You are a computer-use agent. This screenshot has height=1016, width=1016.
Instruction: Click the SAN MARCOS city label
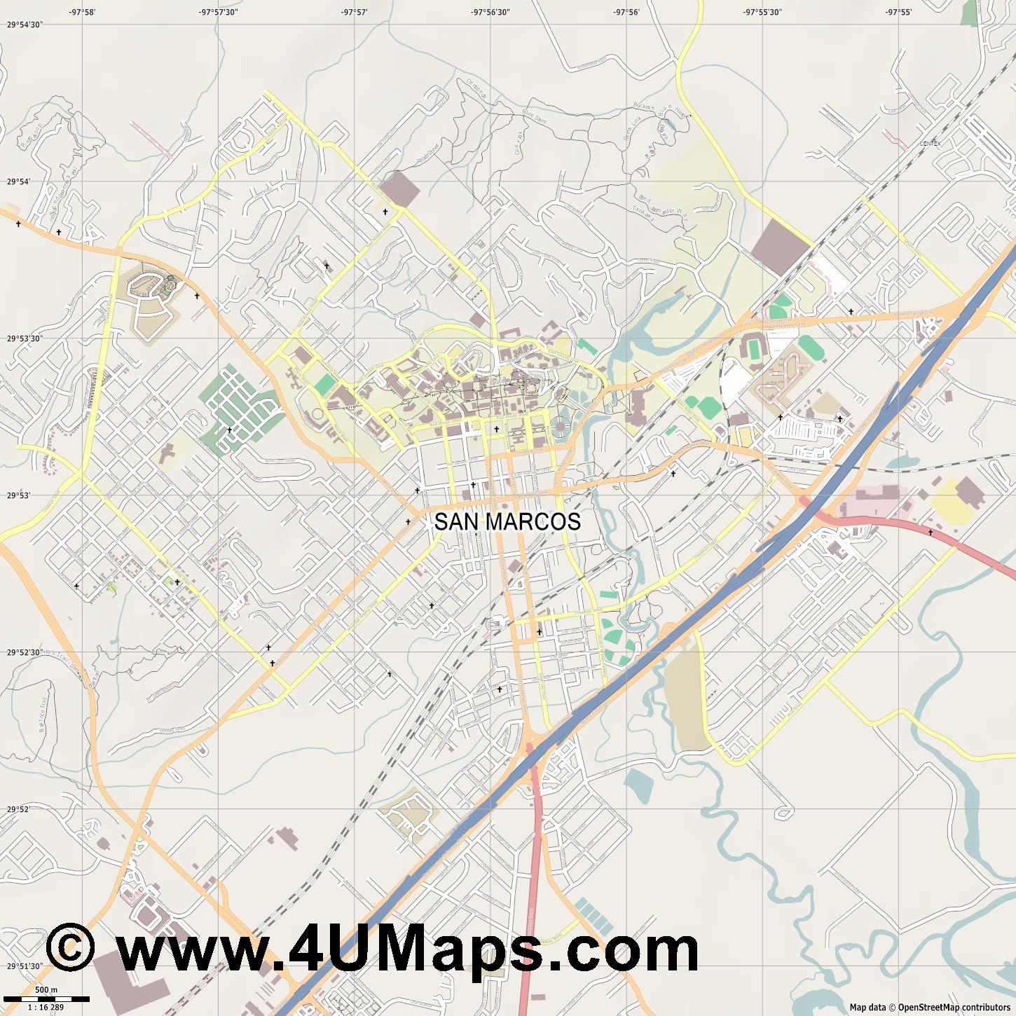[507, 522]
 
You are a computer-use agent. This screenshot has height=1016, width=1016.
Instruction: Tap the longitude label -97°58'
[82, 12]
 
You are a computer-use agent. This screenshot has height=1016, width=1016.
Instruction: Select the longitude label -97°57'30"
[218, 12]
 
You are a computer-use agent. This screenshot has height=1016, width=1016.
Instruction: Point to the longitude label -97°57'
[355, 12]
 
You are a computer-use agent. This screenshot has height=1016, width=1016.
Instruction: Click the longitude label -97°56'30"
[490, 12]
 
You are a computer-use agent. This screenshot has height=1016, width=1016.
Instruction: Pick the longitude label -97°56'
[626, 12]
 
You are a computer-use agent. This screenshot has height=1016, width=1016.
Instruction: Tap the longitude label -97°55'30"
[762, 12]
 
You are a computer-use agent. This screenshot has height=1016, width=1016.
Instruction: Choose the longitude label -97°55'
[898, 12]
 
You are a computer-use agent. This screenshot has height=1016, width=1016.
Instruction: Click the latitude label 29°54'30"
[25, 25]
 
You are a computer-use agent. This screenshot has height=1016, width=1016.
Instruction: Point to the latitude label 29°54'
[19, 181]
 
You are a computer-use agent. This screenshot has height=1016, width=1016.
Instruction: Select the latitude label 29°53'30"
[25, 338]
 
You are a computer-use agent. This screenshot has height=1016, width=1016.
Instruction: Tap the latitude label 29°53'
[19, 495]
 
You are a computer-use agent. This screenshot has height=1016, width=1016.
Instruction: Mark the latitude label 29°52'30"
[25, 652]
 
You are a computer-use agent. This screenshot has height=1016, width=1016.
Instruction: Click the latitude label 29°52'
[19, 809]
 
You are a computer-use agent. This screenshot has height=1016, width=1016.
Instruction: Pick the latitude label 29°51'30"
[25, 966]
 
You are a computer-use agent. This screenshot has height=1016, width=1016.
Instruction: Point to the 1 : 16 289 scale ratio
[46, 1007]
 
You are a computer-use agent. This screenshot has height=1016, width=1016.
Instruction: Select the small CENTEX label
[930, 144]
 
